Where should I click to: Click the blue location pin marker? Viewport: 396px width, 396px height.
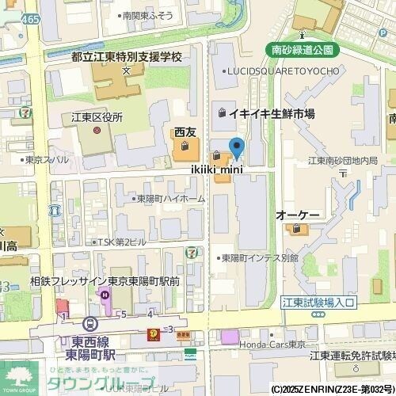(x=236, y=147)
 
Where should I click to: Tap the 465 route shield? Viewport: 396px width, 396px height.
(x=31, y=18)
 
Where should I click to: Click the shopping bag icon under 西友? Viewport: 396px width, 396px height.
(x=185, y=147)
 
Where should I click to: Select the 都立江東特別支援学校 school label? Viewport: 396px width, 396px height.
(x=127, y=57)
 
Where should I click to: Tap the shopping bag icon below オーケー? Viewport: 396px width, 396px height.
(x=297, y=230)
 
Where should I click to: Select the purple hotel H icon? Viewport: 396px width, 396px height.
(x=105, y=295)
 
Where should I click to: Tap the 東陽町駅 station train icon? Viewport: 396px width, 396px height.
(x=91, y=324)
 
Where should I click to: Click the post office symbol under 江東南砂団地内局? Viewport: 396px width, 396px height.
(x=342, y=172)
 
